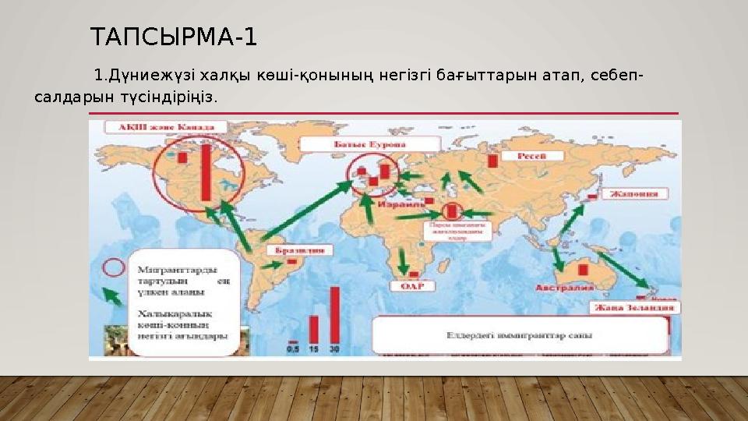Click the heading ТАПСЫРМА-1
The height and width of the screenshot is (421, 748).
point(173,37)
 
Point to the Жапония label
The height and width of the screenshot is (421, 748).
point(638,193)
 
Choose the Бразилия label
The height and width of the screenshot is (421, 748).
point(300,251)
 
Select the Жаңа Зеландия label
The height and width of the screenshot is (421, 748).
point(634,307)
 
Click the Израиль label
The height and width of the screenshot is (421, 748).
point(398,203)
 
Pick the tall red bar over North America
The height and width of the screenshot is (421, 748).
point(206,173)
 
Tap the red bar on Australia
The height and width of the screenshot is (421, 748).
point(581,269)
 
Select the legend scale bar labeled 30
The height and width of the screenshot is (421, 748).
point(335,314)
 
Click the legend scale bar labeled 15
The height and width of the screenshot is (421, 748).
point(314,328)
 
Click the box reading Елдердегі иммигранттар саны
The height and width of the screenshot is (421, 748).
point(520,335)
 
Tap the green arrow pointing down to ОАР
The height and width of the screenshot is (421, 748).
point(403,260)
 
